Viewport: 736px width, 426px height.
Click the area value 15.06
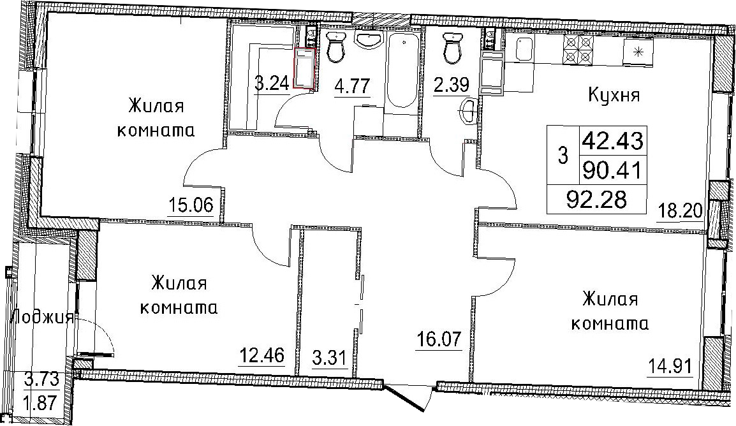pos(191,205)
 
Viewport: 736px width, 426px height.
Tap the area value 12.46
pos(262,355)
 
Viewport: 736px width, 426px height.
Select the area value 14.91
pos(670,365)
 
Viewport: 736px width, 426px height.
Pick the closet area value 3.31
pos(329,359)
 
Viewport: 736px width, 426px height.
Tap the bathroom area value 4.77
pos(352,86)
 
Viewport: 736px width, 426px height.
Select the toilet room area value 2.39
pos(451,85)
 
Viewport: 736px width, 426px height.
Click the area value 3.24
pos(272,84)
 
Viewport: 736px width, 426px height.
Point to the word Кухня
pos(614,96)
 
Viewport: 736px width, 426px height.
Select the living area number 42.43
pos(613,140)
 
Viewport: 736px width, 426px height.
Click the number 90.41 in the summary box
pos(612,170)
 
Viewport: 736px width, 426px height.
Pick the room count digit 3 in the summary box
pos(563,156)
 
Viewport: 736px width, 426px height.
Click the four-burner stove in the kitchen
pos(578,50)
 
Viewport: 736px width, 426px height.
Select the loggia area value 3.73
pos(42,379)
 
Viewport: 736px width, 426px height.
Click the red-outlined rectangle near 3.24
pos(304,68)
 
